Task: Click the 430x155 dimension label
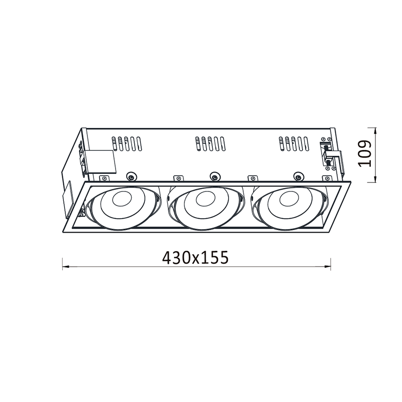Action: click(195, 257)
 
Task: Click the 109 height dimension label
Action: click(365, 154)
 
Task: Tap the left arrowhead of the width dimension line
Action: click(66, 267)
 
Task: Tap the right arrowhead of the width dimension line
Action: click(328, 267)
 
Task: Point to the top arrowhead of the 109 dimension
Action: click(375, 131)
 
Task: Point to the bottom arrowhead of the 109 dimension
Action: click(375, 179)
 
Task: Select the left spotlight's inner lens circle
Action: click(122, 198)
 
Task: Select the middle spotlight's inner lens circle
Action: click(206, 198)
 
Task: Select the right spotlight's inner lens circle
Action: click(289, 198)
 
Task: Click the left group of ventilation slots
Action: click(127, 144)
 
